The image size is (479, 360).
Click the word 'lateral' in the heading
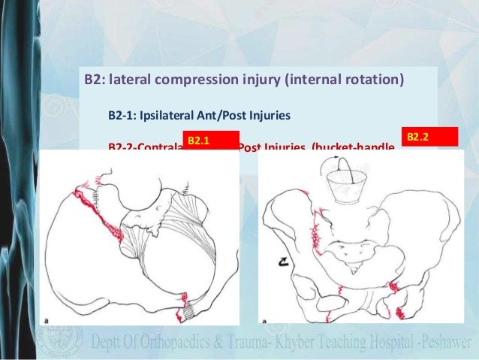click(x=130, y=79)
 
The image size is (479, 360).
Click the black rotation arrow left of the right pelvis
click(x=281, y=261)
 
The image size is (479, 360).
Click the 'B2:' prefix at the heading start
click(x=93, y=79)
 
